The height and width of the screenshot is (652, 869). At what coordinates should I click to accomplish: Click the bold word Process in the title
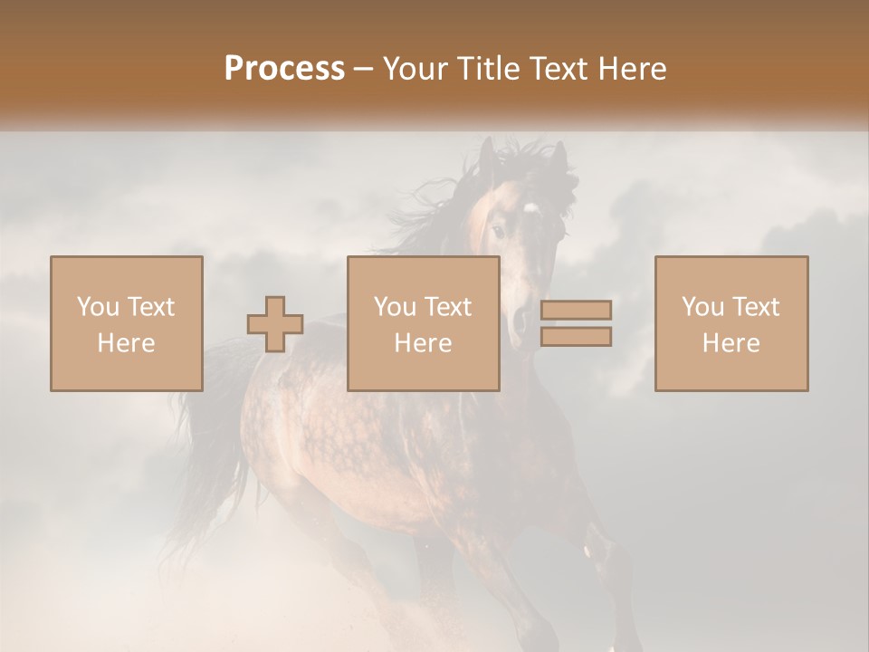pos(284,69)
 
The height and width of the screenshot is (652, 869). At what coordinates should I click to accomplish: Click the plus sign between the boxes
pos(275,324)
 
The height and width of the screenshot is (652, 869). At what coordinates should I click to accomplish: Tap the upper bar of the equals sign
pos(576,310)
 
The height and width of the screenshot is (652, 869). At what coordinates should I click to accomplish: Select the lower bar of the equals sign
pos(576,337)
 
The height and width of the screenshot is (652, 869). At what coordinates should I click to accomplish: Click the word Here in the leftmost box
pos(126,342)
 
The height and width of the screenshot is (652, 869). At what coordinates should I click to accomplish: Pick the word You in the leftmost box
pos(97,307)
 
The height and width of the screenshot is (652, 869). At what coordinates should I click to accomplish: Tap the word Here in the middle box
pos(423,342)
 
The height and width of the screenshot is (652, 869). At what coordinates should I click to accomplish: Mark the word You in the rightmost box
pos(702,307)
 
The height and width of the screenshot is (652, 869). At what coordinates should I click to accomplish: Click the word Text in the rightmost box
pos(755,307)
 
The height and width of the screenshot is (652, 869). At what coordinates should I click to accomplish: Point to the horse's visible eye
pos(499,232)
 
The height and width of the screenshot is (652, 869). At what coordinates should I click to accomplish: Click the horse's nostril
pos(520,319)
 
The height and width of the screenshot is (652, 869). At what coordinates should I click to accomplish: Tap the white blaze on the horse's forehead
pos(530,209)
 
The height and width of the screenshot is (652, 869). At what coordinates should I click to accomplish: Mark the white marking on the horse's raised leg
pos(593,549)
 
